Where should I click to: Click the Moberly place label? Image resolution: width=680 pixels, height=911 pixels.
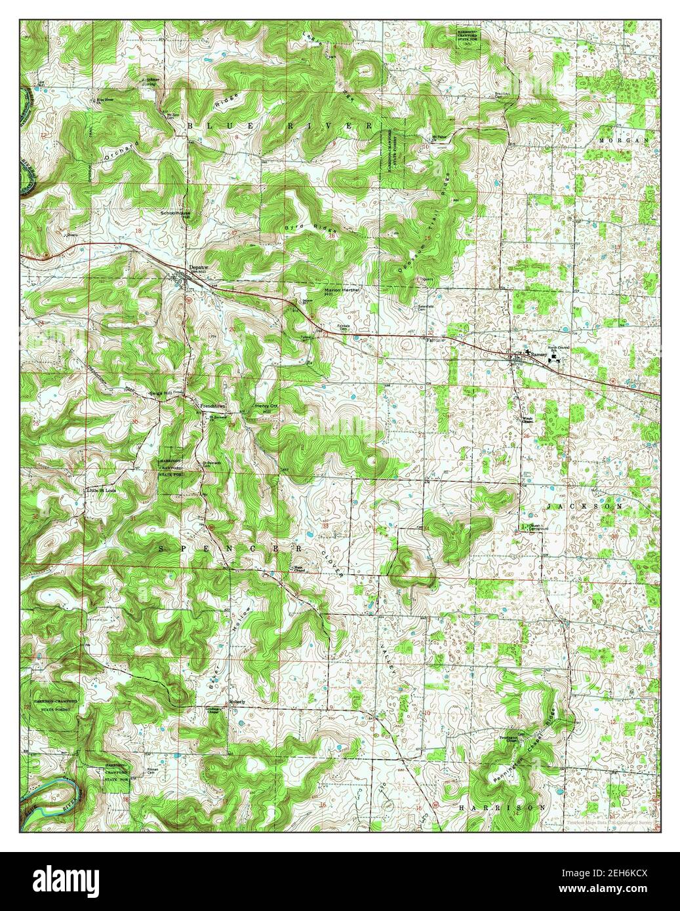pyautogui.click(x=237, y=701)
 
